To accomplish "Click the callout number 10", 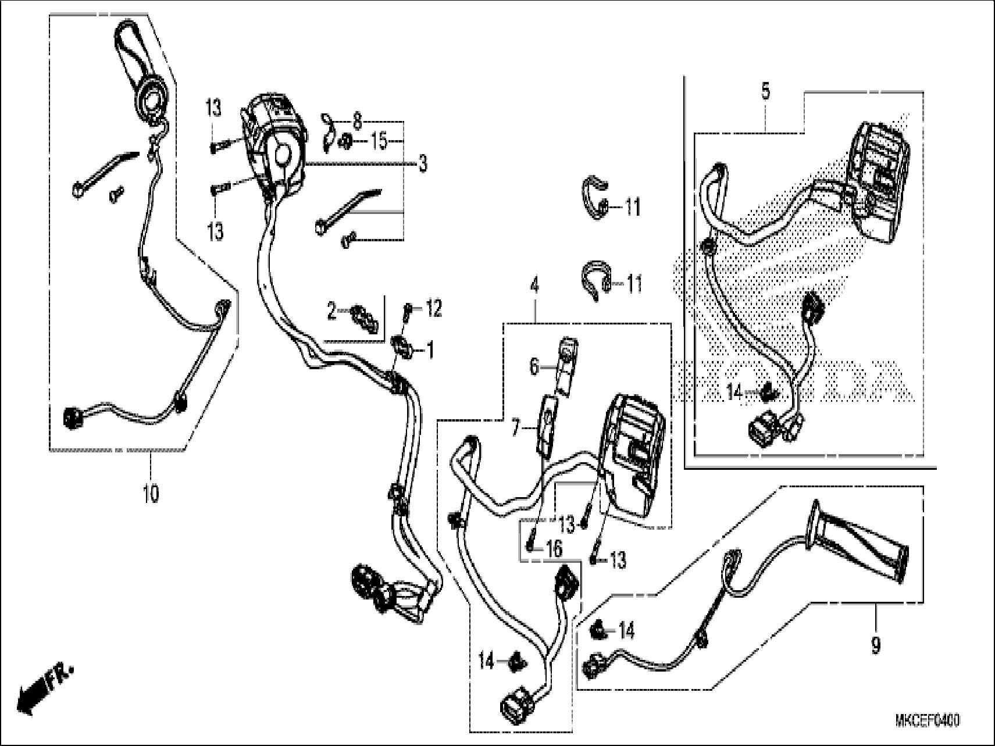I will tap(151, 494).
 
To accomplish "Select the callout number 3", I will tap(423, 163).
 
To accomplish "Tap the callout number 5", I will tap(765, 91).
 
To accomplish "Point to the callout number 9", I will tap(876, 644).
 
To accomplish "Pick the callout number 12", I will tap(434, 308).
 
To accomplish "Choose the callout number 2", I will tap(331, 312).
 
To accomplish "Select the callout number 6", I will tap(534, 367).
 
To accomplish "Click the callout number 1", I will tap(430, 350).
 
